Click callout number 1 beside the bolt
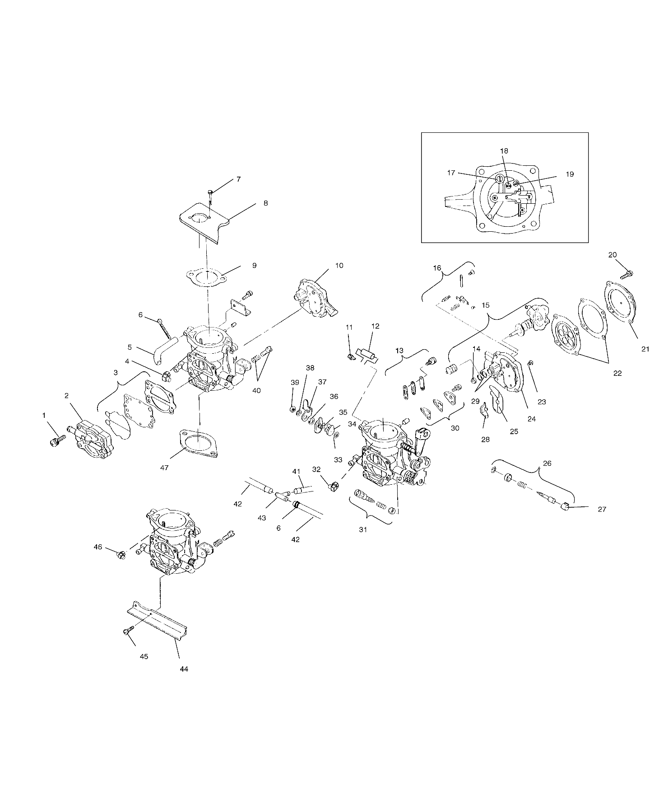(x=44, y=415)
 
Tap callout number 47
(x=164, y=468)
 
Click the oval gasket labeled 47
(x=199, y=442)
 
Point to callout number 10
(x=339, y=266)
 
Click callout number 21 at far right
(x=645, y=349)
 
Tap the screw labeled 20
(x=628, y=273)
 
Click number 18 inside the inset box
(x=504, y=151)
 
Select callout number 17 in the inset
(x=451, y=173)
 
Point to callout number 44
(x=183, y=669)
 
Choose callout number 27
(x=602, y=510)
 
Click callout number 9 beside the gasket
(x=254, y=266)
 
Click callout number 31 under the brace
(x=363, y=530)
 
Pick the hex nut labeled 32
(x=334, y=487)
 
